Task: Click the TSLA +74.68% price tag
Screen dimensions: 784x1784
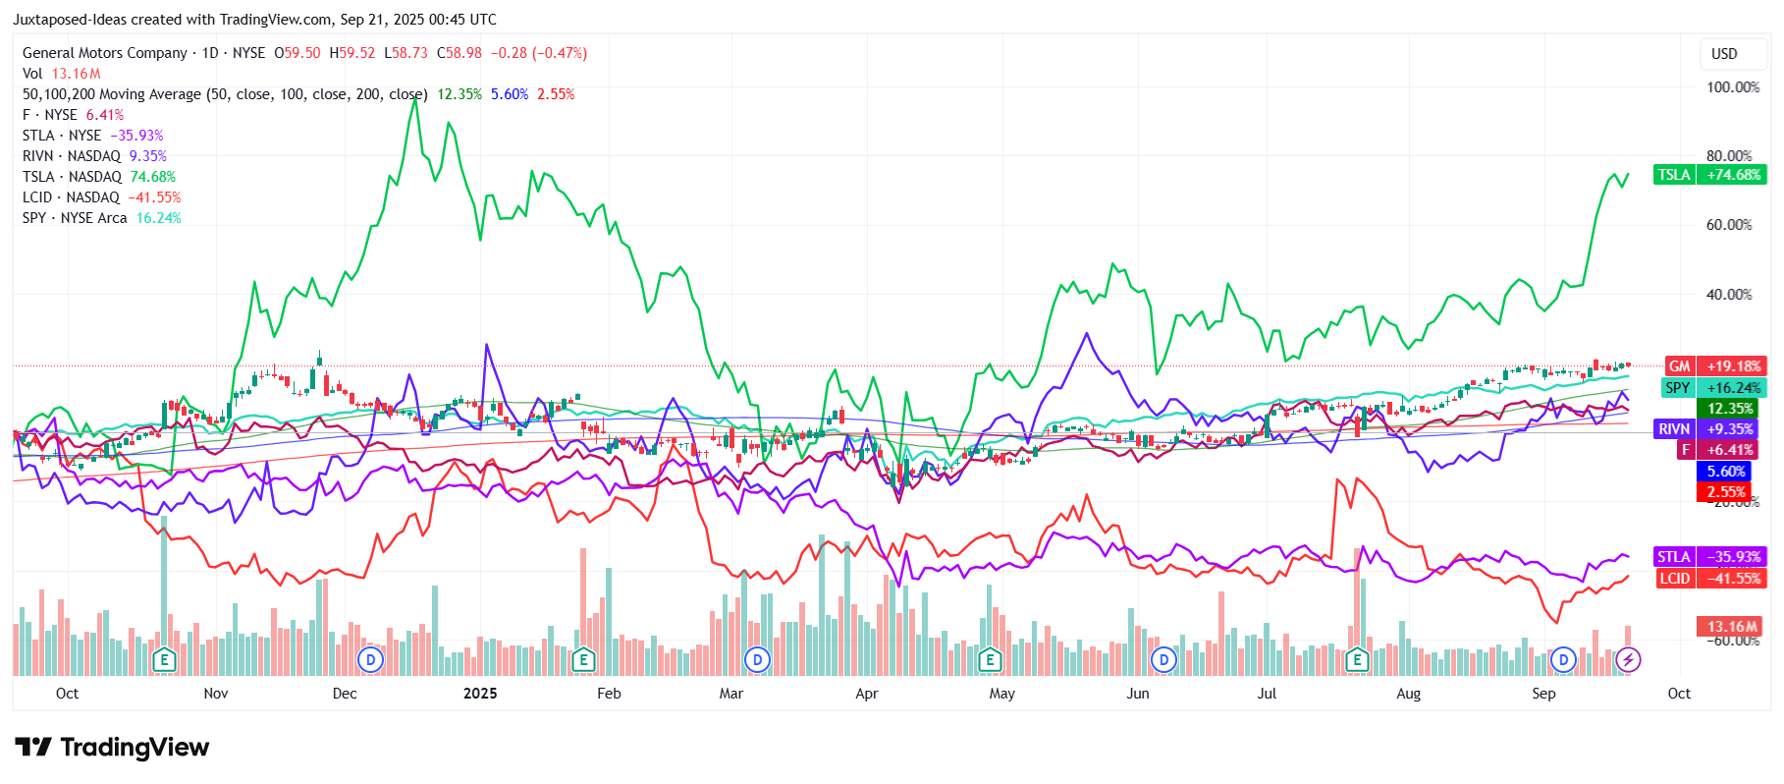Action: (1709, 175)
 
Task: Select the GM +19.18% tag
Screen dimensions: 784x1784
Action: (1715, 366)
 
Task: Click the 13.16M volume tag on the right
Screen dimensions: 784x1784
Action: (1730, 627)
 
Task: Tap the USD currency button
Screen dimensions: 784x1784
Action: (1724, 54)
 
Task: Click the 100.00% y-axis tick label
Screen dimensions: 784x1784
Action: (1733, 87)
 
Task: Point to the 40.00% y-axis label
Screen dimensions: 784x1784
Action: (1729, 295)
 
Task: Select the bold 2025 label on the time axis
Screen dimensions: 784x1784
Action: (480, 694)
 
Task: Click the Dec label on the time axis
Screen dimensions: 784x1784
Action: (345, 694)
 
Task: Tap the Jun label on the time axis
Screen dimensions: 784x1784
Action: (1137, 694)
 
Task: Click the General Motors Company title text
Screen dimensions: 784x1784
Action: (105, 53)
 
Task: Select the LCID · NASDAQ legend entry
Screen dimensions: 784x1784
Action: (71, 197)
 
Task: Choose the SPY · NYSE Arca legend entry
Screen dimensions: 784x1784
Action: (75, 218)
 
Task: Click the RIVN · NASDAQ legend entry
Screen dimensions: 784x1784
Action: (72, 156)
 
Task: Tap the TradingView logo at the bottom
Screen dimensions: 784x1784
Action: (112, 748)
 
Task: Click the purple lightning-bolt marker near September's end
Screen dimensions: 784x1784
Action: (1628, 659)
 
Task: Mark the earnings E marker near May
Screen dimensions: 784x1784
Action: (990, 659)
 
